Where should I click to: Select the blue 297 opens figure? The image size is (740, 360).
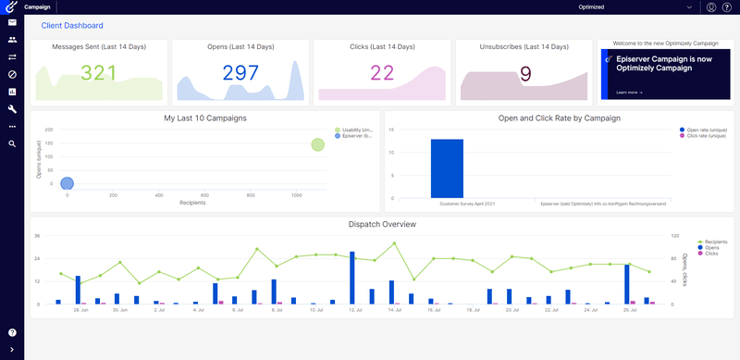click(240, 74)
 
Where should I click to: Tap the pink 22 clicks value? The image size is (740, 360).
click(382, 74)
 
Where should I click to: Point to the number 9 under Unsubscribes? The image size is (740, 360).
click(524, 74)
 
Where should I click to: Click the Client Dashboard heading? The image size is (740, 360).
click(72, 26)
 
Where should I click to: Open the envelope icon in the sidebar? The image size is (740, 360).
click(12, 22)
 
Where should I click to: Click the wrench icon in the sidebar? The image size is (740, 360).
click(12, 109)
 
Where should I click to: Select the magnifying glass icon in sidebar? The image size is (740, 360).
click(12, 144)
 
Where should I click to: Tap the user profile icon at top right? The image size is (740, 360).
click(711, 7)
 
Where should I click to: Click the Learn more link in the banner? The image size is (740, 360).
click(629, 93)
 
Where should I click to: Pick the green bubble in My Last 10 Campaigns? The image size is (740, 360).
click(318, 144)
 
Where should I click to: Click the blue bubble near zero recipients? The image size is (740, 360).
click(67, 184)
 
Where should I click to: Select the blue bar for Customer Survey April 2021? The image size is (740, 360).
click(447, 168)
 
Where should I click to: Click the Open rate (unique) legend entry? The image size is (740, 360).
click(705, 130)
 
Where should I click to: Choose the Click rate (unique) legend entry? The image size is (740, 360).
click(705, 136)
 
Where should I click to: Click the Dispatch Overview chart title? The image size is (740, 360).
click(382, 225)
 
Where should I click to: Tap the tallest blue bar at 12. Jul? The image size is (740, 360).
click(352, 278)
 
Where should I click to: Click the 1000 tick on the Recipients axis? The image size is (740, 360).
click(296, 195)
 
